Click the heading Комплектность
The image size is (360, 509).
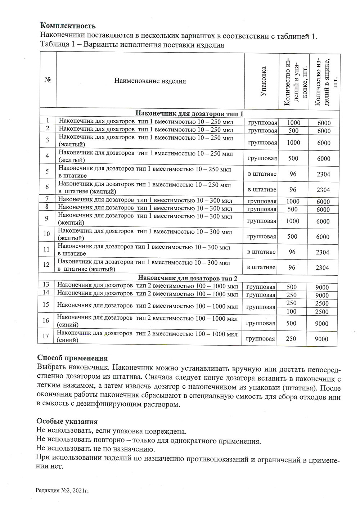tap(68, 26)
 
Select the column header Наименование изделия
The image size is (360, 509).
tap(150, 81)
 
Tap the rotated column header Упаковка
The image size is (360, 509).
tap(263, 81)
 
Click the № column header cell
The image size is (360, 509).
tap(48, 80)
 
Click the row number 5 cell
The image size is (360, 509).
tap(48, 171)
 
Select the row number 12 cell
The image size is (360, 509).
tap(46, 265)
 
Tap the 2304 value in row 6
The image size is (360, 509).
tap(323, 190)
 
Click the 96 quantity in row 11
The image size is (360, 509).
tap(292, 252)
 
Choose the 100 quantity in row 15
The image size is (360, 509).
tap(292, 311)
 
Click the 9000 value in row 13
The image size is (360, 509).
tap(322, 287)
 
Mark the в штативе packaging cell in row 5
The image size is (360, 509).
tap(262, 174)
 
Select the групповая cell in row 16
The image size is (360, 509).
tap(261, 323)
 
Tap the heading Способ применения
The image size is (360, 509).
tap(72, 358)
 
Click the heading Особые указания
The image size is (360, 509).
tap(67, 421)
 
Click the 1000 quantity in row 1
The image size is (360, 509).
tap(293, 123)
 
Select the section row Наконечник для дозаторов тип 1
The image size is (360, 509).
tap(190, 114)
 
